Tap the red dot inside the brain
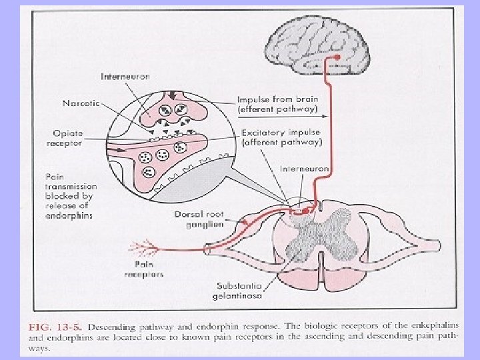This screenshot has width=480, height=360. tap(338, 58)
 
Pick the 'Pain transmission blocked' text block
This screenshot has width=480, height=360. tap(69, 196)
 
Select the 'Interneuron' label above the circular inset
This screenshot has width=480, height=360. tap(125, 76)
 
